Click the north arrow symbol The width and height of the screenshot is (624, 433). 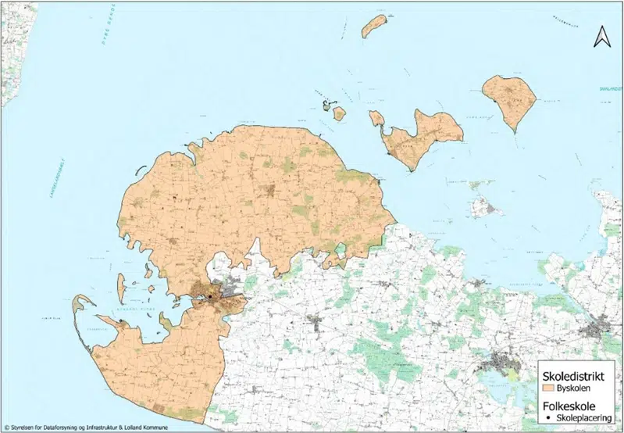(601, 36)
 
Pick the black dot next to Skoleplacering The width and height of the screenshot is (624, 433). (551, 418)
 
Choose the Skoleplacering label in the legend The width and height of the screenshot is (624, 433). (586, 418)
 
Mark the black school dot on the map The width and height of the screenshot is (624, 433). (211, 297)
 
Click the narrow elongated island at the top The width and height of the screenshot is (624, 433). (374, 26)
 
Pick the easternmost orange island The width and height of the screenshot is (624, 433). (509, 99)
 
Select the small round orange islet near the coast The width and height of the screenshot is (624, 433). (339, 113)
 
